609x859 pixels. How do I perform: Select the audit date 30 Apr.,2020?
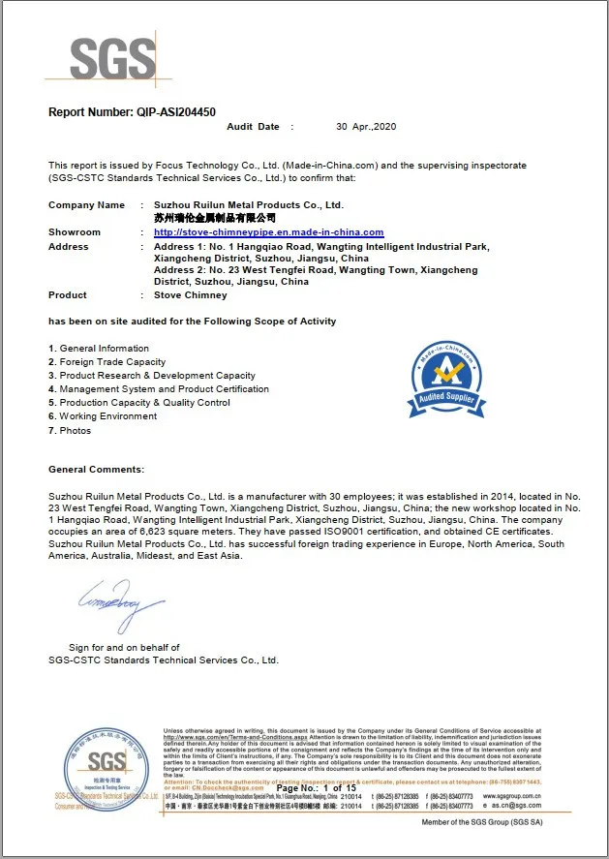[x=366, y=127]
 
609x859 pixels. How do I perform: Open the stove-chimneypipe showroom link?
[x=268, y=232]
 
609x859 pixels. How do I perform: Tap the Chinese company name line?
[x=215, y=219]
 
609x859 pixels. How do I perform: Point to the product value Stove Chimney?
[x=191, y=295]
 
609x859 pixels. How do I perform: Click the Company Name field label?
[x=86, y=205]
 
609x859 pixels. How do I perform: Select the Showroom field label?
[x=75, y=232]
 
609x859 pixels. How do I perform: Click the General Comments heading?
[x=96, y=470]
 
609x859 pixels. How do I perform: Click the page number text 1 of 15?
[x=339, y=788]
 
